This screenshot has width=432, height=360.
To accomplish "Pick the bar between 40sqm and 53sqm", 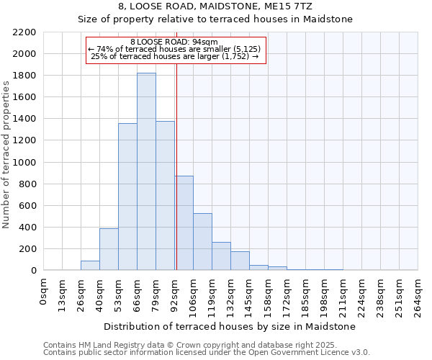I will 109,249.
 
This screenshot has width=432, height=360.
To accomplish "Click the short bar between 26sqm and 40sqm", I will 90,266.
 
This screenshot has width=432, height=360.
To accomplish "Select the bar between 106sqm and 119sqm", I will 202,242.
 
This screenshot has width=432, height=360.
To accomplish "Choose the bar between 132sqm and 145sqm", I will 240,261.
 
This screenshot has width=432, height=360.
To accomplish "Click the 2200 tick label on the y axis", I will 24,32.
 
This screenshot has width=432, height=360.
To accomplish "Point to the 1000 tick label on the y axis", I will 24,163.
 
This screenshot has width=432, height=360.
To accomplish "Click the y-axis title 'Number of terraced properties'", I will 6,154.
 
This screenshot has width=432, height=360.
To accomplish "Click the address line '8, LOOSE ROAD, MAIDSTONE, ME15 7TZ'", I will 215,6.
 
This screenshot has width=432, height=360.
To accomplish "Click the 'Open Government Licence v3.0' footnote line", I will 207,353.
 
